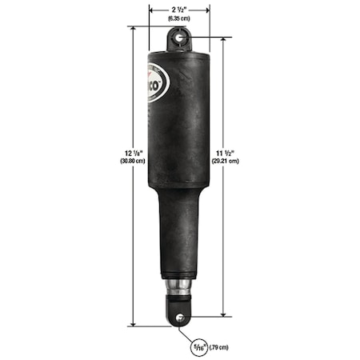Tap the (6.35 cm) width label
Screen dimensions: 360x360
point(179,17)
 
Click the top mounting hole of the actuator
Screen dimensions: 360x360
point(179,36)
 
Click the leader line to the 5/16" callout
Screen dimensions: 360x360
point(185,330)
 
